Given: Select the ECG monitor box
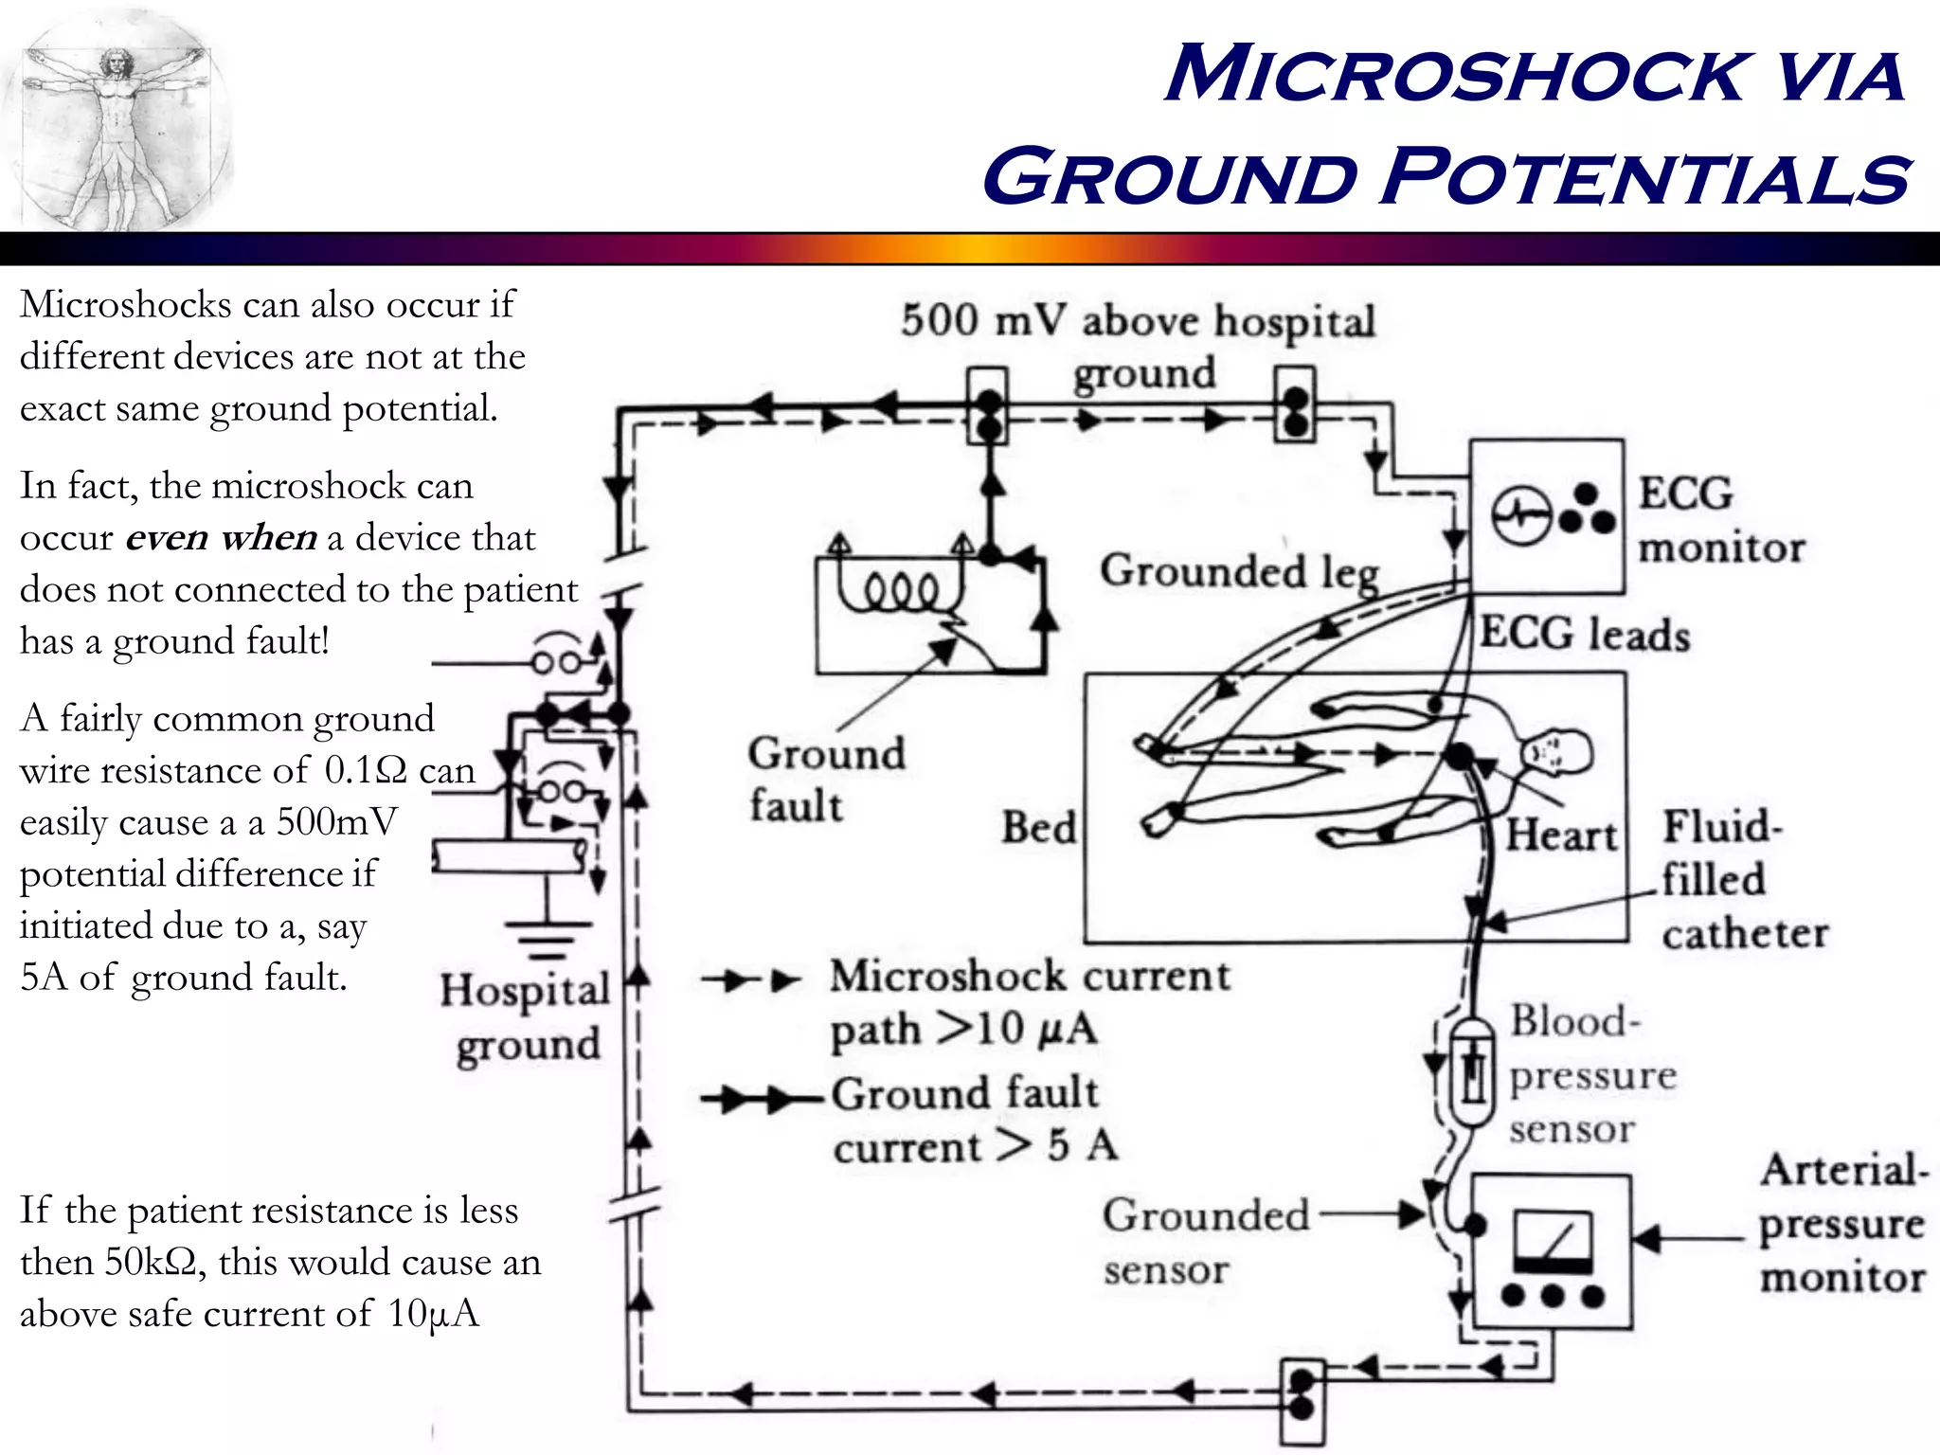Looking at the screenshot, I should tap(1546, 516).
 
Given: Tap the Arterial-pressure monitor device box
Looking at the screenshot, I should tap(1552, 1250).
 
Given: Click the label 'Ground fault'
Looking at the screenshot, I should tap(826, 780).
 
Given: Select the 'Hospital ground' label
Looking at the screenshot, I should tap(525, 1017).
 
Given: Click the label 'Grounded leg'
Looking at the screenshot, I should tap(1238, 572).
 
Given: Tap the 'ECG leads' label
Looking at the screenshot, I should tap(1585, 634).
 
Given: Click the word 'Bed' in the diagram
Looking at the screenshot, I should tap(1039, 828).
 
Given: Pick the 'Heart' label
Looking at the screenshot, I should tap(1561, 835).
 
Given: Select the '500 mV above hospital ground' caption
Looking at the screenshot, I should tap(1138, 345).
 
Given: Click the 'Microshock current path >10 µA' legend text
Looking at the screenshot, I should tap(1029, 1002).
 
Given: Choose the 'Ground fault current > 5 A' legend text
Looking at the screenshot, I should tap(974, 1120).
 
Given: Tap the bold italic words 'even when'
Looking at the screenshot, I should tap(221, 538).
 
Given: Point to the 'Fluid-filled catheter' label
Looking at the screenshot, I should tap(1743, 879).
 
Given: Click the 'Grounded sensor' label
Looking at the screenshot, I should tap(1205, 1241).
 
